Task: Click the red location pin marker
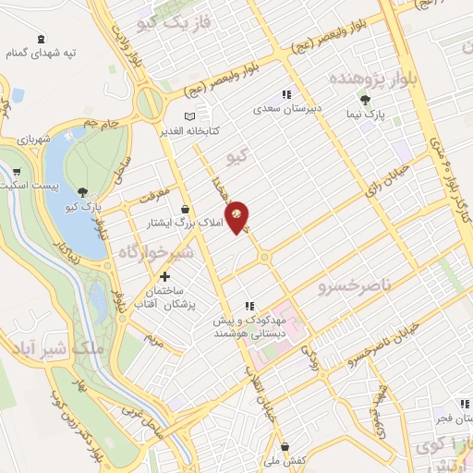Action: click(237, 216)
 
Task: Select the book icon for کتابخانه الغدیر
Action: click(189, 116)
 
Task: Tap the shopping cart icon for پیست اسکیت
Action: click(17, 171)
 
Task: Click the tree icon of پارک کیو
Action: click(85, 192)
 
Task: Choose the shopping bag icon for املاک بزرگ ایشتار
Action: click(188, 209)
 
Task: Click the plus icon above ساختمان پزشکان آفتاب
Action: click(165, 276)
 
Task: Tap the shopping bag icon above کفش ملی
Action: click(285, 446)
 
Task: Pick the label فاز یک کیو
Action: click(166, 21)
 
